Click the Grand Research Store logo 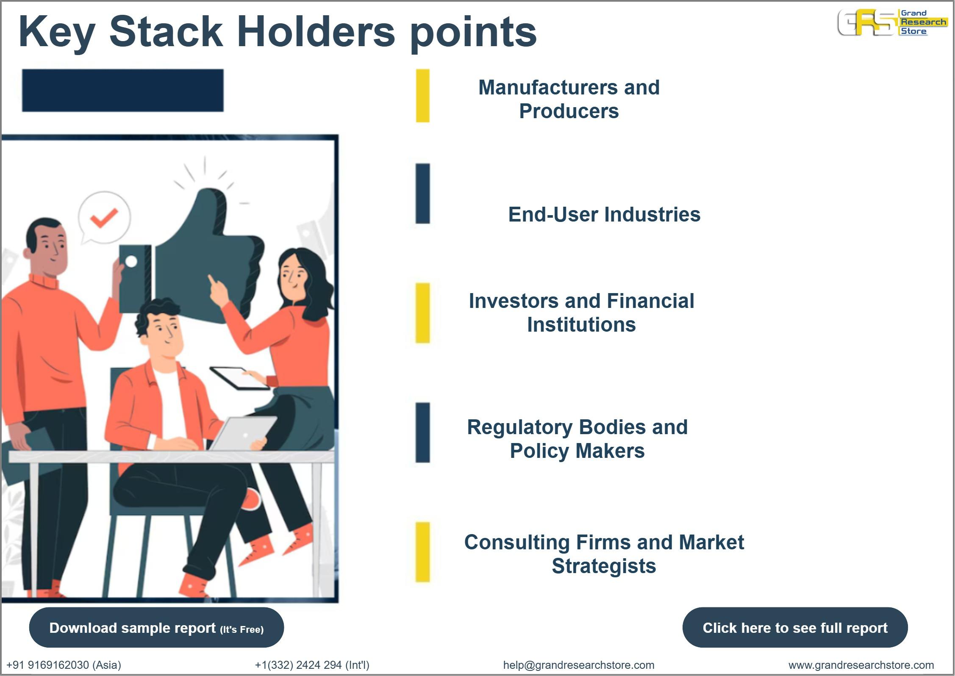[x=892, y=22]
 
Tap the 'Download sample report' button [x=156, y=627]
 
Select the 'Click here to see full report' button [x=794, y=627]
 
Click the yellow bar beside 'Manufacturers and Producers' [x=422, y=96]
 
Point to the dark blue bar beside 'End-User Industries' [x=422, y=193]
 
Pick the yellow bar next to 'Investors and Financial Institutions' [x=422, y=313]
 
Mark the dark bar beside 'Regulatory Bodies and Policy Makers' [x=422, y=432]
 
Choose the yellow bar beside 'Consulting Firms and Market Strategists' [x=422, y=552]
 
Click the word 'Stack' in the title [x=166, y=31]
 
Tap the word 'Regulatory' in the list [x=519, y=427]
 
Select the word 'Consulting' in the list [x=517, y=542]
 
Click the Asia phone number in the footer [x=64, y=665]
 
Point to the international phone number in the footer [x=312, y=665]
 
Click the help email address [x=578, y=665]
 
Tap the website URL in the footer [x=861, y=665]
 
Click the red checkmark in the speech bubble [x=104, y=218]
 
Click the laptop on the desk [x=244, y=433]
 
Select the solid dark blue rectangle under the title [x=122, y=91]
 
